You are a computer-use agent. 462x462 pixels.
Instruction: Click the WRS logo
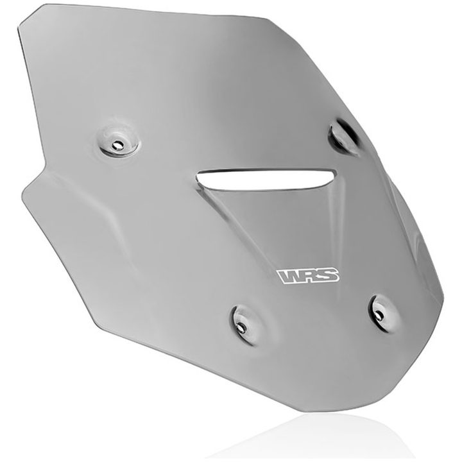[x=308, y=276]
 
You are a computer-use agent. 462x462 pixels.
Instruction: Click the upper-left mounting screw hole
[x=119, y=144]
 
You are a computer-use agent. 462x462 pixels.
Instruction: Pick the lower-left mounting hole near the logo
[x=242, y=327]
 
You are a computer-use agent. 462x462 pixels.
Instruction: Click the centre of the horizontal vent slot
[x=265, y=180]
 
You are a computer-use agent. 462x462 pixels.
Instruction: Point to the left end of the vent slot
[x=198, y=178]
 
